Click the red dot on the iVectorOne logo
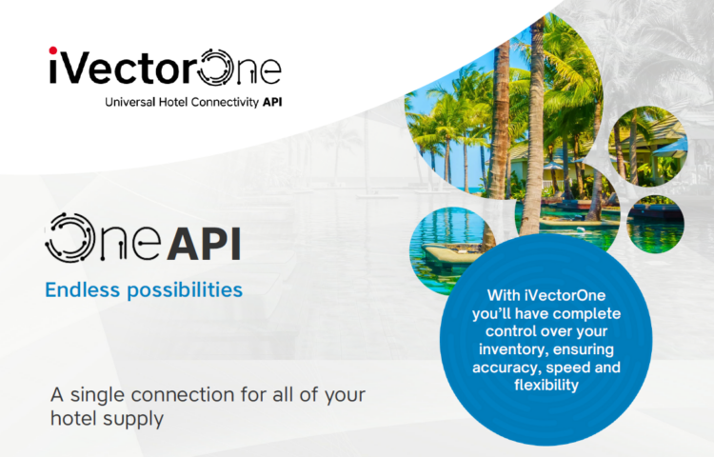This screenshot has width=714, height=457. [53, 50]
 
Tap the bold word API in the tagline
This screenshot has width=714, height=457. [272, 102]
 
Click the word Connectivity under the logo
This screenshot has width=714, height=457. [225, 103]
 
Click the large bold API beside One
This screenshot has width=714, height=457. [204, 244]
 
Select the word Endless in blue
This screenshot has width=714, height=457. [83, 290]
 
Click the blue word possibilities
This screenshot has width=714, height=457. [185, 290]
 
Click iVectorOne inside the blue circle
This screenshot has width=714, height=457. [565, 295]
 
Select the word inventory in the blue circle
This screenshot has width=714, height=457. [513, 350]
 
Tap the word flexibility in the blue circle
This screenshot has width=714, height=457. [546, 385]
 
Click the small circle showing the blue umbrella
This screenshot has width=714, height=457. [648, 147]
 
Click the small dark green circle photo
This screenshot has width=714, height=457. [655, 224]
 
